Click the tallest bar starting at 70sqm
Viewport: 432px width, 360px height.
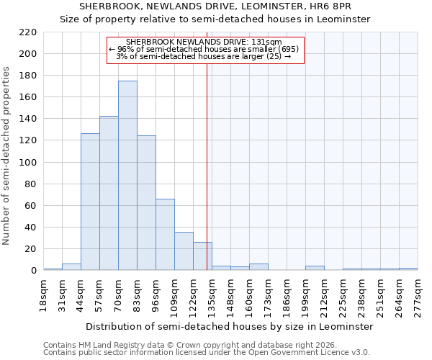[127, 176]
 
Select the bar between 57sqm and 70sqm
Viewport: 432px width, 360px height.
[109, 193]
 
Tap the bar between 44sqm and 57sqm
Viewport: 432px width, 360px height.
[90, 202]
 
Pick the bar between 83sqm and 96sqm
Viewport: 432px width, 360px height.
[146, 203]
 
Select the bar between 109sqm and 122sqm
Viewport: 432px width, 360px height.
[184, 251]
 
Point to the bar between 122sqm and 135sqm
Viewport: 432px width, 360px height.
[202, 256]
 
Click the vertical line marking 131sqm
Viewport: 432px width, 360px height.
[207, 158]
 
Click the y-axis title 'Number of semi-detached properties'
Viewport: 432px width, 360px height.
[7, 156]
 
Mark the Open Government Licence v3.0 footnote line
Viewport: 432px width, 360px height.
[206, 352]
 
